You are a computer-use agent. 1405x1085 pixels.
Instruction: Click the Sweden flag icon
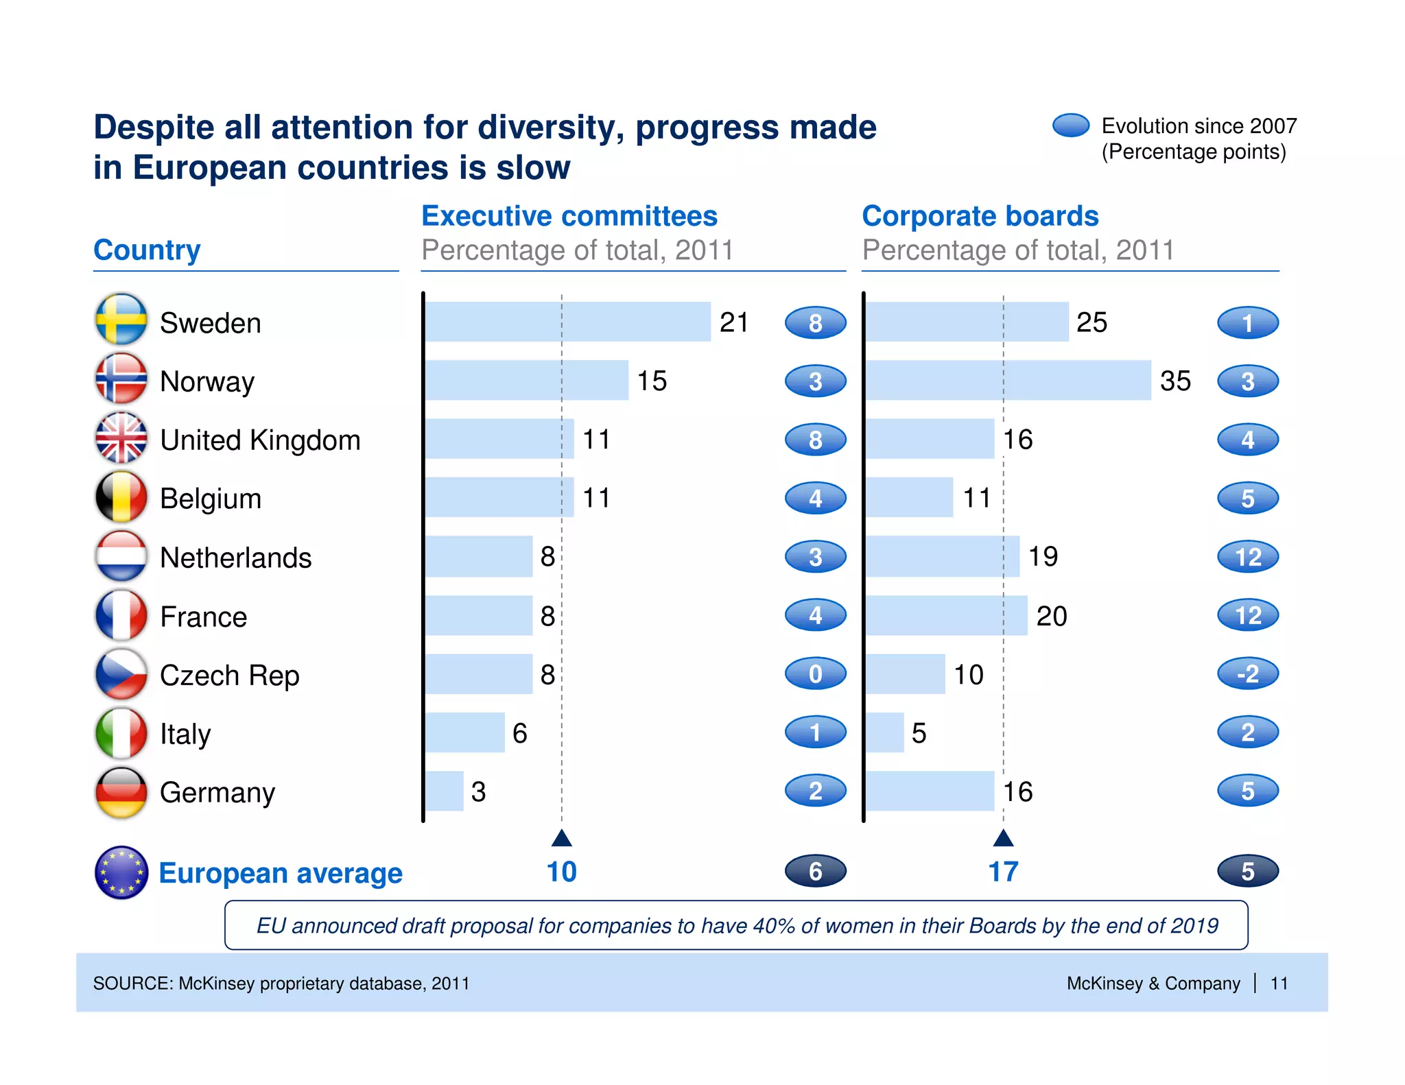tap(121, 320)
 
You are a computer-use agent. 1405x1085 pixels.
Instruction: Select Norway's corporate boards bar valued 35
tap(1007, 380)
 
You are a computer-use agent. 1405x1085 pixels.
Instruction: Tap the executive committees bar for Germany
tap(444, 791)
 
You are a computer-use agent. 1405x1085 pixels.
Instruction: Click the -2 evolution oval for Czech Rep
tap(1247, 673)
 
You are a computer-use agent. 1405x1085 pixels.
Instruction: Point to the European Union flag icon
tap(121, 872)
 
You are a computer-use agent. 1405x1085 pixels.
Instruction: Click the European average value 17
tap(1003, 872)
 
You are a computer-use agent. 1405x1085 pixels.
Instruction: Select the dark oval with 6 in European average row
tap(815, 871)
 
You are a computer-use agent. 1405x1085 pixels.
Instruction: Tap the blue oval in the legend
tap(1070, 126)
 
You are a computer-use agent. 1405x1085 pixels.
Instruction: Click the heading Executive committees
tap(569, 216)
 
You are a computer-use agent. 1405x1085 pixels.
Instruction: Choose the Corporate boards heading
tap(980, 216)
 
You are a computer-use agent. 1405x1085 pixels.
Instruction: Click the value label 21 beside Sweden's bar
tap(733, 322)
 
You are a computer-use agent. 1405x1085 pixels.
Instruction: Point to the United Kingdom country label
tap(260, 440)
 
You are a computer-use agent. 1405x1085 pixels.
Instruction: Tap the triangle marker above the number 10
tap(561, 838)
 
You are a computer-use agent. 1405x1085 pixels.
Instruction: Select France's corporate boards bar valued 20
tap(945, 615)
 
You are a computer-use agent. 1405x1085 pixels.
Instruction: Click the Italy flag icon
tap(121, 733)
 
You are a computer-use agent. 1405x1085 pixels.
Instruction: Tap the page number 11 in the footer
tap(1278, 983)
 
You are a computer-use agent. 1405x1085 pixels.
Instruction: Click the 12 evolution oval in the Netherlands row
tap(1247, 557)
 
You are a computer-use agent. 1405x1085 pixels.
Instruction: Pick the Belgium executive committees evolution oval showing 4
tap(815, 499)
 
